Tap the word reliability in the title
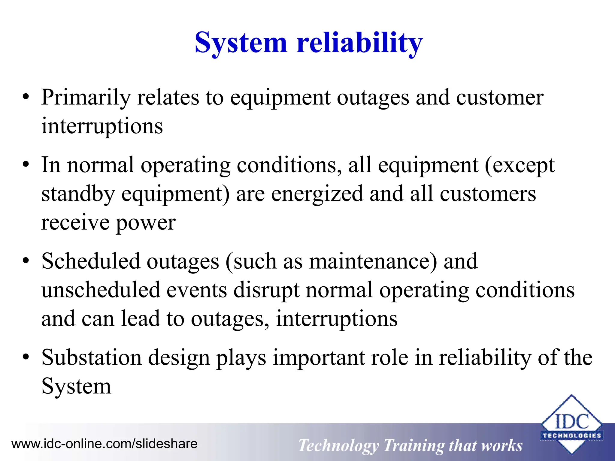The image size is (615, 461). (x=359, y=43)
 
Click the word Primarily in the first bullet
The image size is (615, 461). (x=86, y=98)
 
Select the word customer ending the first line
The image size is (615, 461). (x=500, y=98)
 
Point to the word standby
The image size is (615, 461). (x=78, y=194)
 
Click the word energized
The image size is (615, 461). (x=317, y=194)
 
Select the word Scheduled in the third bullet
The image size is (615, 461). (x=91, y=261)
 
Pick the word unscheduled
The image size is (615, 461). (x=101, y=290)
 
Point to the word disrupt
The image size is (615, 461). (x=266, y=290)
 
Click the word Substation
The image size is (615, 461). (x=91, y=357)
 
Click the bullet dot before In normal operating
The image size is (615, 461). (x=26, y=165)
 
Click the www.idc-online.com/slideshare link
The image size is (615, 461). (x=104, y=444)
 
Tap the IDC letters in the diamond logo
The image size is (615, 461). (x=571, y=422)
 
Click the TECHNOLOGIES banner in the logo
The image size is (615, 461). (x=571, y=435)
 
